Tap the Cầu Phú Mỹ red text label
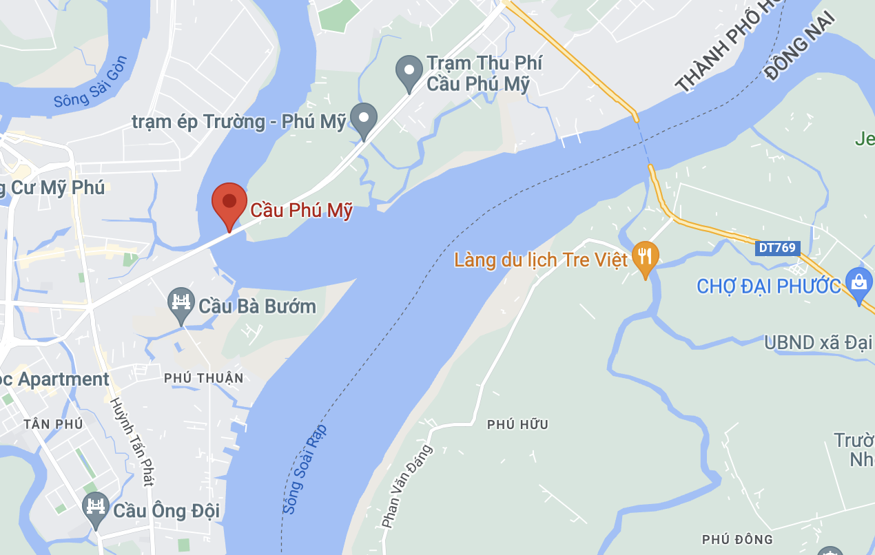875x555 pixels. point(301,210)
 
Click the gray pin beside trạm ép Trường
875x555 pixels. point(364,119)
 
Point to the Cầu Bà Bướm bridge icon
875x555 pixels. point(181,304)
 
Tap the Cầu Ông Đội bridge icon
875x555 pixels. point(96,508)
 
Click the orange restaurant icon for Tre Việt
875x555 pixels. point(645,257)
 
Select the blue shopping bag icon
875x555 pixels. point(858,283)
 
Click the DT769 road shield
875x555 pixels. point(778,248)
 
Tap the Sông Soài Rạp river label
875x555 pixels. point(305,468)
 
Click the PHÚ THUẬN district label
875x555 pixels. point(204,378)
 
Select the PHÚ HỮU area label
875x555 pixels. point(517,425)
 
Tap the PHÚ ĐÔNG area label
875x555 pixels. point(737,539)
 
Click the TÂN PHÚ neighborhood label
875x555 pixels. point(53,423)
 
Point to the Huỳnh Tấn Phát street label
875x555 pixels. point(131,443)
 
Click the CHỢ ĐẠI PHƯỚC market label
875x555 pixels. point(769,286)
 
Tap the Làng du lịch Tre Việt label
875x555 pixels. point(541,260)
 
